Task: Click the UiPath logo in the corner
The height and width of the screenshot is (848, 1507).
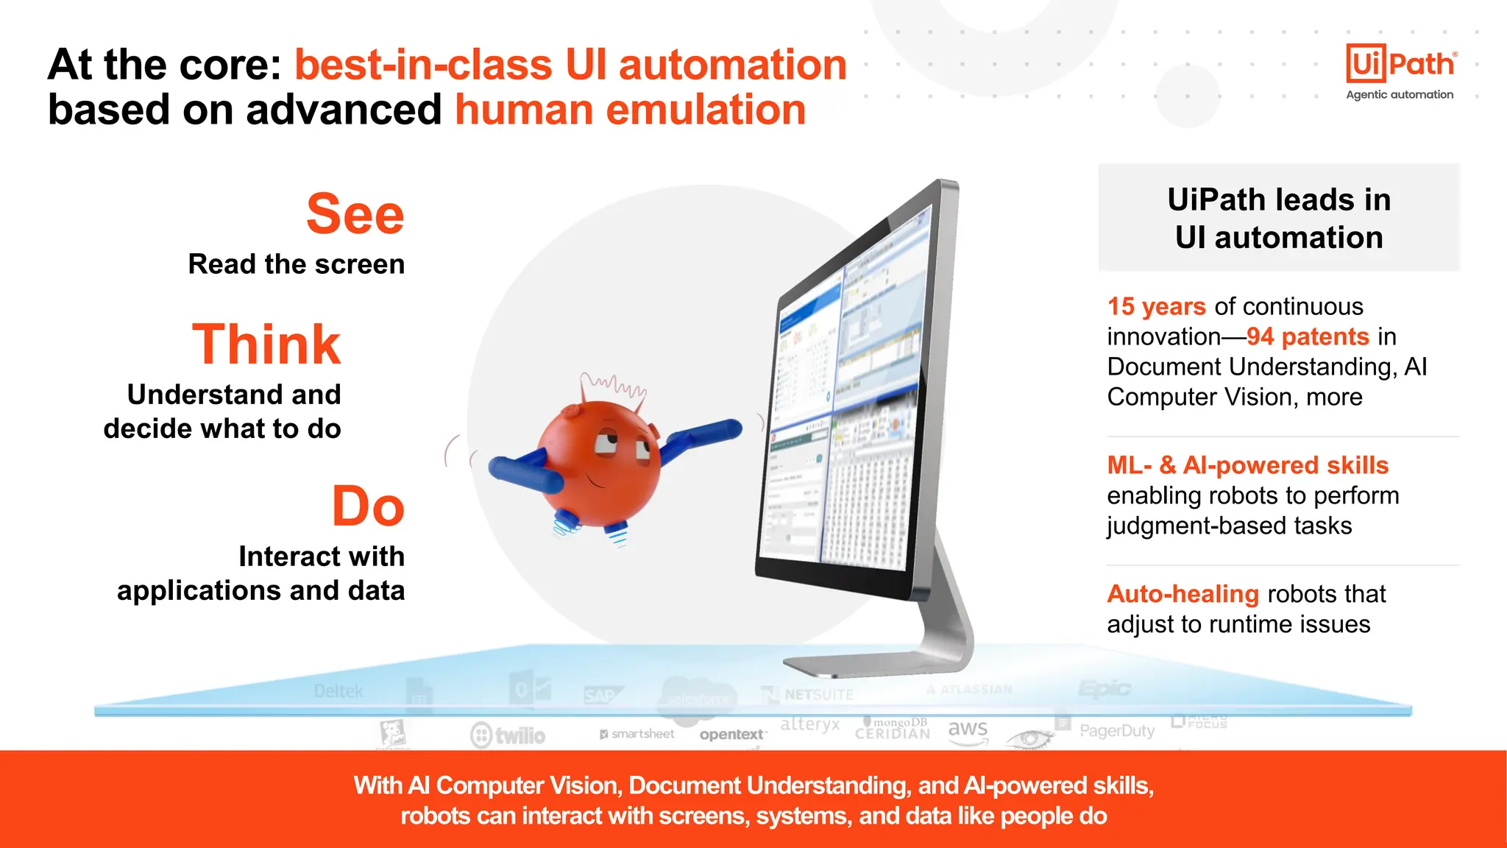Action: pos(1400,64)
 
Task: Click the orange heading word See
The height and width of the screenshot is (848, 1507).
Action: pos(355,214)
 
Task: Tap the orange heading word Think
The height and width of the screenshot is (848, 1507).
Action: pos(266,344)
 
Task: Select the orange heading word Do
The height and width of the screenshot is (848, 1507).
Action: pos(368,506)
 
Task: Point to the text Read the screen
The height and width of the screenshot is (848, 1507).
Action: pos(297,264)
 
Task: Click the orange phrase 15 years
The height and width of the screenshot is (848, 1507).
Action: pos(1156,306)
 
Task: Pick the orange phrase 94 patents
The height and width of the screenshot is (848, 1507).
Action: pos(1308,336)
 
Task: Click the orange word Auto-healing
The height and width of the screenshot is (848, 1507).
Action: pos(1182,593)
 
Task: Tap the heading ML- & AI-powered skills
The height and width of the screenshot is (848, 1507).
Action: pos(1247,465)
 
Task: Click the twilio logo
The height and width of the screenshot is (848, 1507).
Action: pos(508,735)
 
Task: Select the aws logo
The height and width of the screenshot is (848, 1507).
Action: pos(968,729)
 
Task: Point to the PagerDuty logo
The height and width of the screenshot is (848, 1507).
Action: pos(1116,730)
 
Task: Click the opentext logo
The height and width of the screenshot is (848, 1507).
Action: pos(731,735)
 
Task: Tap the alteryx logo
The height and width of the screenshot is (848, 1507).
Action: pos(809,724)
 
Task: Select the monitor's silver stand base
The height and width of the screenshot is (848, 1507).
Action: pos(876,663)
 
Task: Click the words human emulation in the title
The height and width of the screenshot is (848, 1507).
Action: pos(630,110)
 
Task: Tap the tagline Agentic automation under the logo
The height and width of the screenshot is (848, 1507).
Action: pos(1400,94)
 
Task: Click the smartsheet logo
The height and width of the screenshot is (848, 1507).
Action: pos(637,734)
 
